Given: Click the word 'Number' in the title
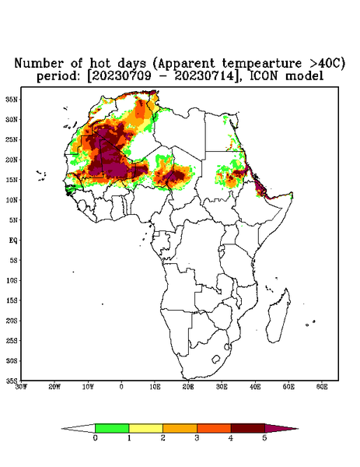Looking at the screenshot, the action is click(x=39, y=64).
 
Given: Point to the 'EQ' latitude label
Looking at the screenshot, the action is click(x=13, y=240).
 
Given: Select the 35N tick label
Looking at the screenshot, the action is click(x=12, y=99).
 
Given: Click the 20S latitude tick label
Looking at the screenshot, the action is click(x=12, y=321).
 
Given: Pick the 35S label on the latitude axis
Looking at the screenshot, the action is click(x=12, y=381).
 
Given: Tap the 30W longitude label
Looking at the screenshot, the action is click(x=21, y=387).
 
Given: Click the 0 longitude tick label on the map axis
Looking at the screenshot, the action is click(x=121, y=387).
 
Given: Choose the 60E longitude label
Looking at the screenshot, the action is click(x=322, y=387).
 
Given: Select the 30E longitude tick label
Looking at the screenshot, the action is click(x=222, y=387).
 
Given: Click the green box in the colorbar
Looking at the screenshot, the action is click(x=112, y=428).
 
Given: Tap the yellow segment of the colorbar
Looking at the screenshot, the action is click(x=145, y=428).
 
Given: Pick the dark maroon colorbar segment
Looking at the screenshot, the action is click(x=248, y=428).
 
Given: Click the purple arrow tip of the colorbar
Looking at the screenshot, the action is click(x=281, y=428).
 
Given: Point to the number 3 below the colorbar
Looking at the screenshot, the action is click(x=197, y=438).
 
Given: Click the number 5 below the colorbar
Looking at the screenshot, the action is click(x=264, y=438).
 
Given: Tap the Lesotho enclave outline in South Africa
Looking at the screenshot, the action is click(x=215, y=359).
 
